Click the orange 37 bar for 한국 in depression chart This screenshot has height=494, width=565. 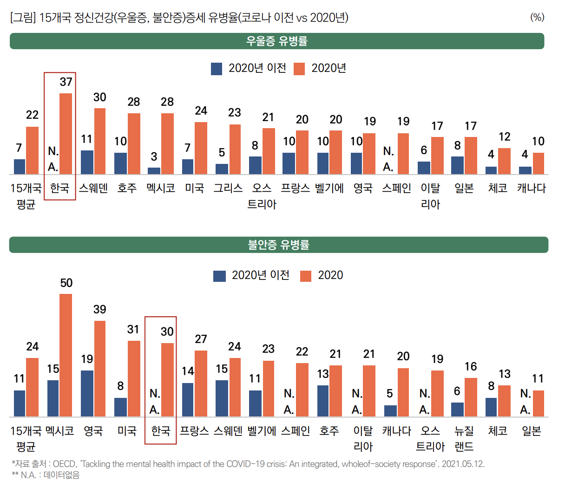point(66,134)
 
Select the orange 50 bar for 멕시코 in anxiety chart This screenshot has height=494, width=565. point(66,355)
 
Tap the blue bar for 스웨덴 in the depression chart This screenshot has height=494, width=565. point(87,162)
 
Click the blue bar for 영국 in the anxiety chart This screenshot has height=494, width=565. point(87,393)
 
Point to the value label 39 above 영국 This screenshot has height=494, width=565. point(100,310)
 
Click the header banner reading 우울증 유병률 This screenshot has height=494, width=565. point(277,41)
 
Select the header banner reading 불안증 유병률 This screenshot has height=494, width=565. point(279,245)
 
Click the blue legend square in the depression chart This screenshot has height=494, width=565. point(217,69)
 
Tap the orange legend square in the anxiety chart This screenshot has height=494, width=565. point(306,276)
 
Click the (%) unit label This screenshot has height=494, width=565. point(537,18)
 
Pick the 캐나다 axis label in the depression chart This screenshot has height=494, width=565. point(532,188)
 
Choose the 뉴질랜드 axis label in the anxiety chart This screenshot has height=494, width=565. point(464,438)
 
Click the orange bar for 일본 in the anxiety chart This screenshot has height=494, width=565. point(538,403)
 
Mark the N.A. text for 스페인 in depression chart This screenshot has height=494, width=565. point(388,159)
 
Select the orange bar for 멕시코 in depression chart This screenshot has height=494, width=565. point(167,143)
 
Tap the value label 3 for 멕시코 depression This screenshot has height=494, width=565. point(154,157)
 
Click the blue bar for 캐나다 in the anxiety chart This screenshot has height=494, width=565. point(390,411)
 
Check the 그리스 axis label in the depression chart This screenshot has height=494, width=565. point(228,188)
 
